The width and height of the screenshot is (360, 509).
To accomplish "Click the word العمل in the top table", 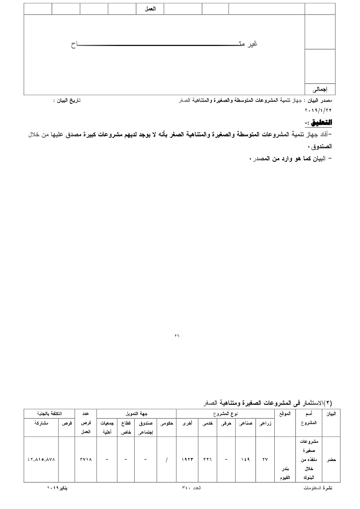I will click(150, 9).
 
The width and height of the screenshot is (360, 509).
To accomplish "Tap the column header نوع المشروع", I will click(225, 414).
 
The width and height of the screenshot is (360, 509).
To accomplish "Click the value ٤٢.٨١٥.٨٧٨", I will click(41, 459).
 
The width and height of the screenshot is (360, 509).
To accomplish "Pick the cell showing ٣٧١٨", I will click(86, 459).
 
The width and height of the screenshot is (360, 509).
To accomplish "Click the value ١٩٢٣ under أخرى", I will click(187, 459).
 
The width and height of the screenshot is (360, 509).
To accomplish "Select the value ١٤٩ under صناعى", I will click(245, 459).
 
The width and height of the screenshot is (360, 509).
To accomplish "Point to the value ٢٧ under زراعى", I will click(265, 459).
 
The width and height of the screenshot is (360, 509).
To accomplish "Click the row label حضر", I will click(331, 459).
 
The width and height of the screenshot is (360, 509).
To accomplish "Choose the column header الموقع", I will click(285, 414).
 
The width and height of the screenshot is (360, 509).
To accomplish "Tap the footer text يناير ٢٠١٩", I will click(57, 488).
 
